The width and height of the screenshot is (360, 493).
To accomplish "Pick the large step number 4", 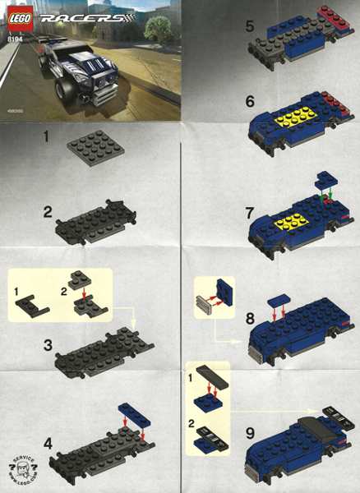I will (49, 443).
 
